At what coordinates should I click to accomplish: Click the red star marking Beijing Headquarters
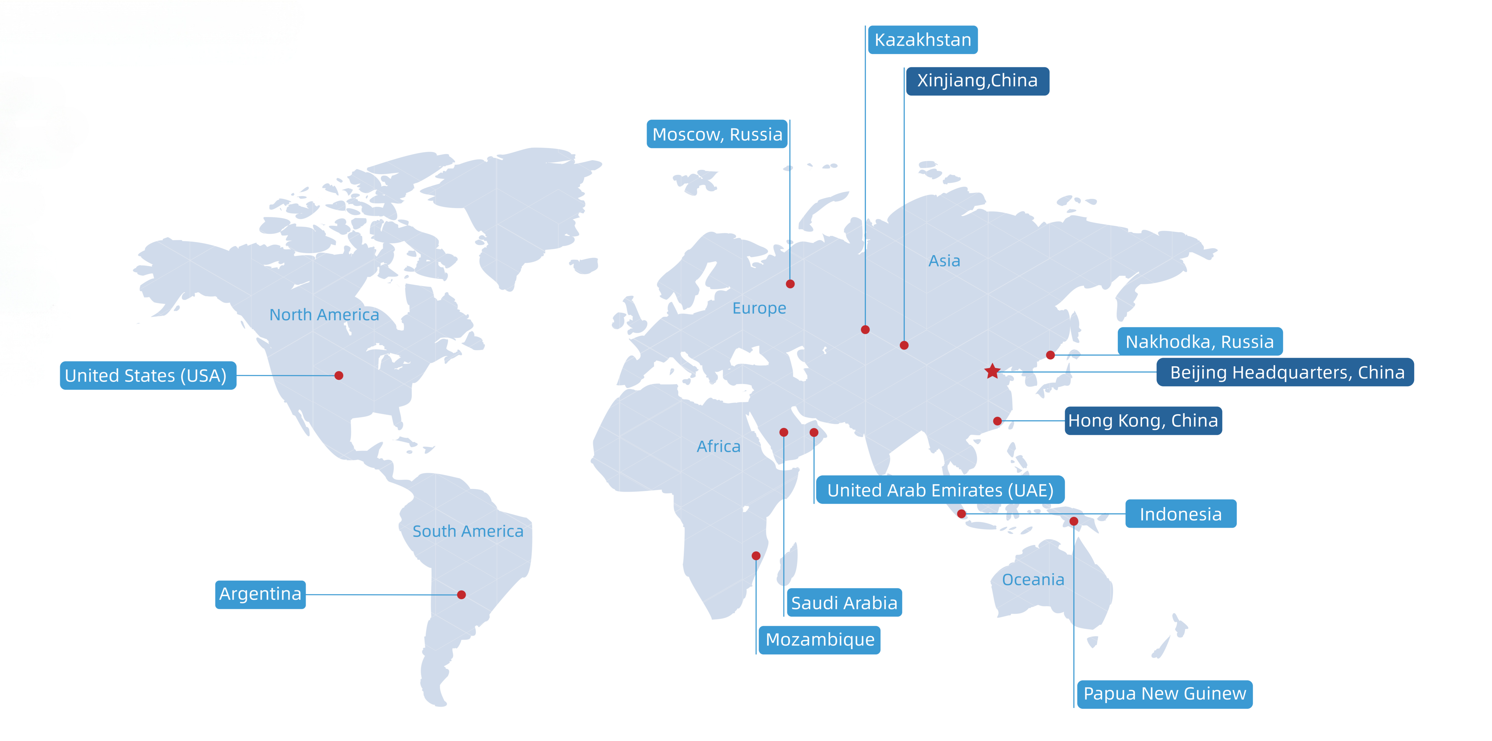(992, 371)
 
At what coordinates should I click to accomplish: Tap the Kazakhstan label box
(923, 40)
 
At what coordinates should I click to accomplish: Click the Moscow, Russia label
(717, 134)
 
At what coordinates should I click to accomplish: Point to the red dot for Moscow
(790, 284)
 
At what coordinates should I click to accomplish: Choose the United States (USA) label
(148, 375)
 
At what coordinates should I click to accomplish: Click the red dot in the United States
(339, 375)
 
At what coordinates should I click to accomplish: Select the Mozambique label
(820, 640)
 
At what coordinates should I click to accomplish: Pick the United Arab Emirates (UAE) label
(940, 490)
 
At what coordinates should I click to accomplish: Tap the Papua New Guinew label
(1164, 693)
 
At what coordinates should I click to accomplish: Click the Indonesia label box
(1180, 514)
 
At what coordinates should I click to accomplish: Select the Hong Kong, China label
(1143, 421)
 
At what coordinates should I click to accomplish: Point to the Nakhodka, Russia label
(1200, 342)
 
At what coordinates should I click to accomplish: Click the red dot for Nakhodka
(1050, 355)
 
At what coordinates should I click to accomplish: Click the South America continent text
(467, 531)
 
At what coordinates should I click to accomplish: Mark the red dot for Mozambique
(756, 556)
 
